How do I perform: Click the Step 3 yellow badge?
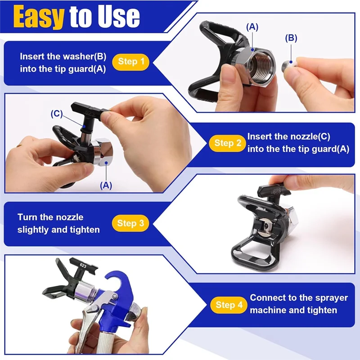click(130, 223)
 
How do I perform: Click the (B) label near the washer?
click(291, 38)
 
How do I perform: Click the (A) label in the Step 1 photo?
click(252, 27)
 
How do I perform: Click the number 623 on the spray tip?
click(83, 265)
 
